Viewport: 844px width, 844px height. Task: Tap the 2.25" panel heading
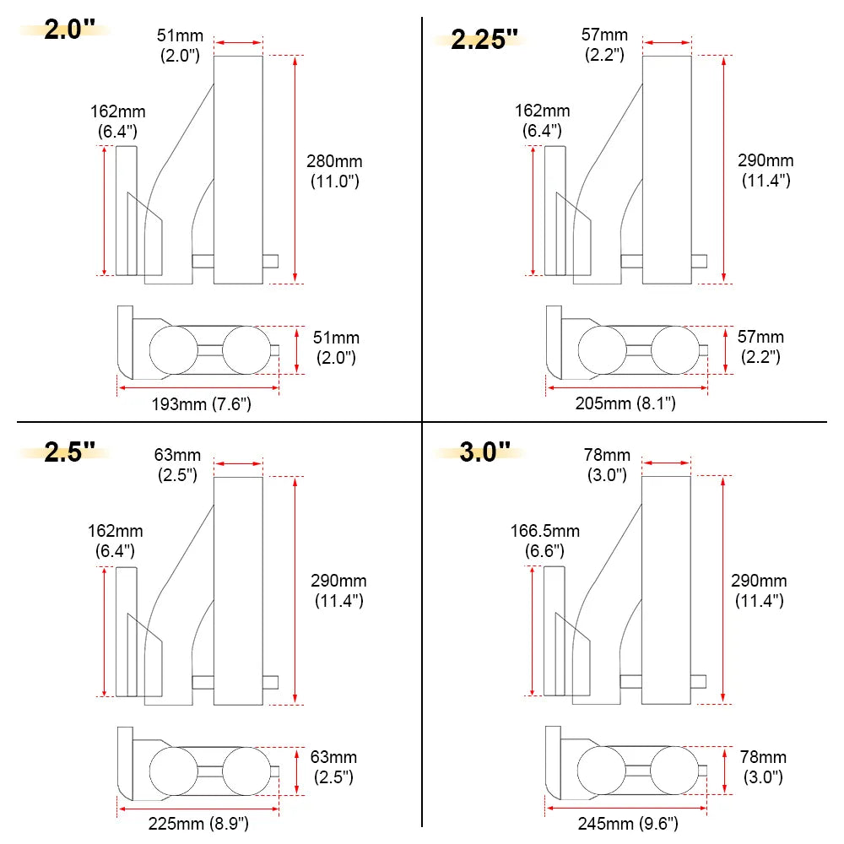(x=484, y=39)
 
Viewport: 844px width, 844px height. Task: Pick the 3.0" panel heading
(x=485, y=451)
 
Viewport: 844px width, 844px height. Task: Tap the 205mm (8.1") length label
(x=625, y=403)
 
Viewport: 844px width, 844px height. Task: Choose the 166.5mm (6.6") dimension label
(x=545, y=540)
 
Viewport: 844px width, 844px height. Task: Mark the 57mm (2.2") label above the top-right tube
(x=604, y=45)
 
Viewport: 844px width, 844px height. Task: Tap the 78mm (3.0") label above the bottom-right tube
(x=606, y=465)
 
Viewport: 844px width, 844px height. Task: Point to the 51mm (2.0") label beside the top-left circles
(x=336, y=347)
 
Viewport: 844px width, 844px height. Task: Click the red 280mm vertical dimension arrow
(x=295, y=169)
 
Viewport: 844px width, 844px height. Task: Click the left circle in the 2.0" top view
(x=171, y=350)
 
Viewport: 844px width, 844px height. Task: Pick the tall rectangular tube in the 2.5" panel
(x=238, y=591)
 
